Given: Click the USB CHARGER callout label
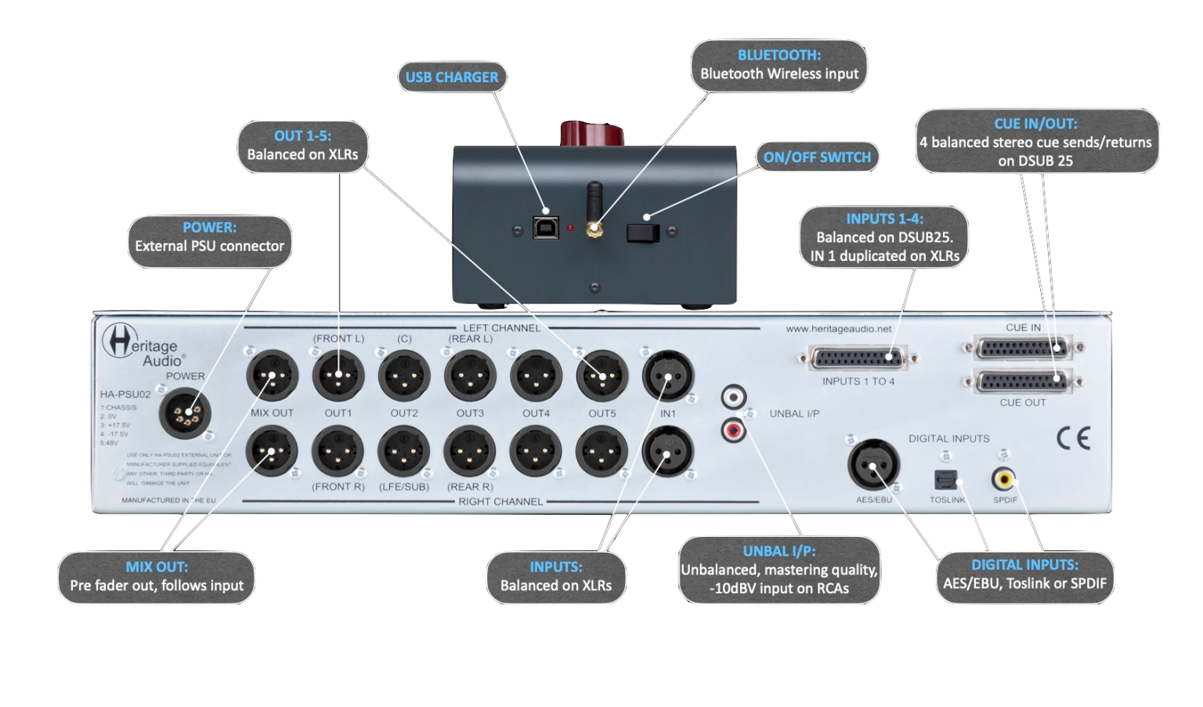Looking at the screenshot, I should (x=452, y=77).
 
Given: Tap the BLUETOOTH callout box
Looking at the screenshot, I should (x=779, y=65).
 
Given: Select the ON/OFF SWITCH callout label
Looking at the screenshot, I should (x=817, y=157).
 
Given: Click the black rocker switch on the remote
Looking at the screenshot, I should (x=643, y=231).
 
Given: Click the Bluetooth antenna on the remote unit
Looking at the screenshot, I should (x=594, y=208).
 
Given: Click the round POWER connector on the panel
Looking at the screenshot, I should (x=185, y=414).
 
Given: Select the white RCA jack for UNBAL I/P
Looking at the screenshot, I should (x=734, y=397).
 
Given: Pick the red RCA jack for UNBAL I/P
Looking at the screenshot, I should (x=734, y=429).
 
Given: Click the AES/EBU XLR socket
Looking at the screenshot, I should (x=873, y=464).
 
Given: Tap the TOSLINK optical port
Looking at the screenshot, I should (x=943, y=479).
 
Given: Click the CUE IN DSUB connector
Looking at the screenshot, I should (x=1022, y=347).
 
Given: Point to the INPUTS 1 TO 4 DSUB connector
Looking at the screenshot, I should (x=858, y=360).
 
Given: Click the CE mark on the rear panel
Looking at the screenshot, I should (x=1072, y=437).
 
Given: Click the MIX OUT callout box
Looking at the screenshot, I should (x=157, y=577).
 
